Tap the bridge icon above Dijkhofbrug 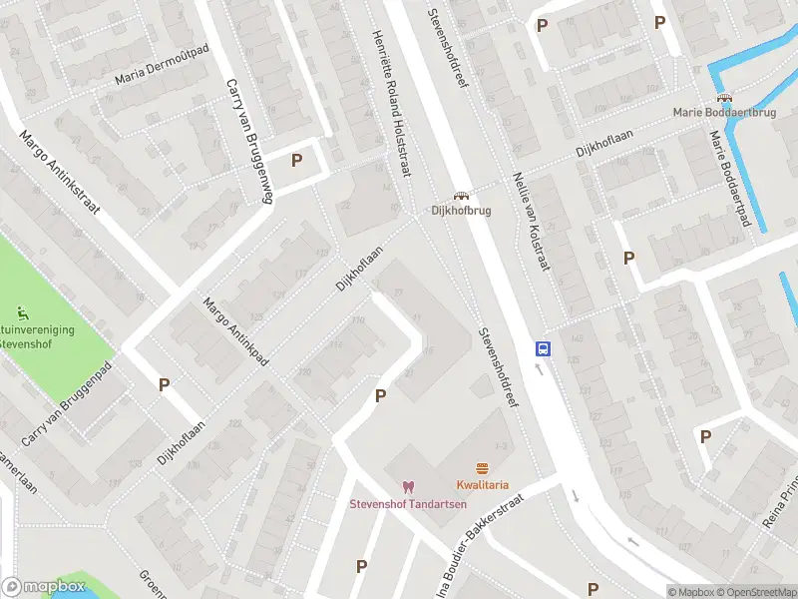[461, 196]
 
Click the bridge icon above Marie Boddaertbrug [725, 99]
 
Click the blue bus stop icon [544, 349]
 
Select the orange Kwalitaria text [483, 485]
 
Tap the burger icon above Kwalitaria [483, 468]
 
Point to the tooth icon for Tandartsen [407, 486]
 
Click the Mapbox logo [44, 587]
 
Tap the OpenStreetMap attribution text [756, 592]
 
